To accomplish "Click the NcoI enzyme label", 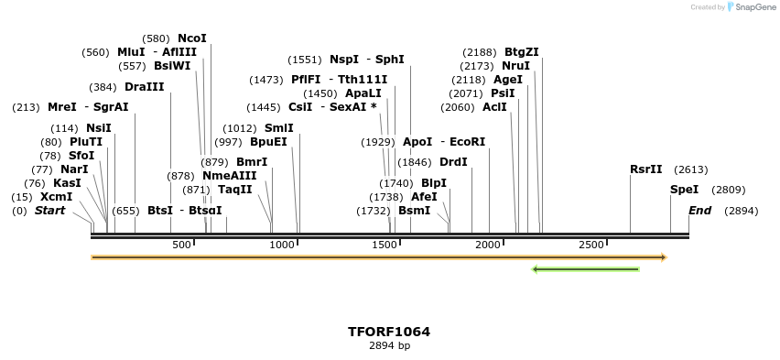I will pos(192,38).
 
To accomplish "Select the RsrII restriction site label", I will pos(645,169).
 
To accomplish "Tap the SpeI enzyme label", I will pos(684,190).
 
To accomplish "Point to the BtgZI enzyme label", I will pos(521,52).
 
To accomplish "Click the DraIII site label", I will pos(145,87).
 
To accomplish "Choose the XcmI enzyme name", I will pos(56,197).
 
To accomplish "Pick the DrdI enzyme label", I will pos(453,162).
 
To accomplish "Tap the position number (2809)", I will pos(728,190).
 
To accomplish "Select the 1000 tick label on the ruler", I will pos(282,245).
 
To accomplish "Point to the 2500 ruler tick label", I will pos(591,245).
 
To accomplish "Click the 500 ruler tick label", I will pos(181,245).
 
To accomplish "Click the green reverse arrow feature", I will pos(585,269).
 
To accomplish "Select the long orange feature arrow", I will pos(379,257).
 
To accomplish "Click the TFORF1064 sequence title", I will pos(389,332).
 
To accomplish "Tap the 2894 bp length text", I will pos(389,346).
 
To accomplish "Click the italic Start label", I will pos(49,211).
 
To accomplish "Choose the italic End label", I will pos(699,211).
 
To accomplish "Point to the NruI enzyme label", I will pos(515,66).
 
